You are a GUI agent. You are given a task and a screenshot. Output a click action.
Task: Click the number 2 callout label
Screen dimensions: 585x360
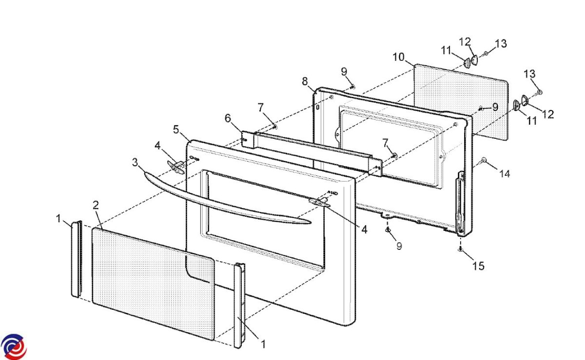96,206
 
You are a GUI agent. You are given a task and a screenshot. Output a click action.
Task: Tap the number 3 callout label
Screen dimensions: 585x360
135,162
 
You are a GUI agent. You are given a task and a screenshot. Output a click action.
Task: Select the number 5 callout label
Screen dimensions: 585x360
176,130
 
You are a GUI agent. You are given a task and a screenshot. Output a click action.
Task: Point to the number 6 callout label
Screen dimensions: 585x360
228,118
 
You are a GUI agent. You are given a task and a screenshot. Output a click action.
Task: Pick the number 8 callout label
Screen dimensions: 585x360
305,81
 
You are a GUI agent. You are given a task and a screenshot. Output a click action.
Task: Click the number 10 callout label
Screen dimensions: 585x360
399,57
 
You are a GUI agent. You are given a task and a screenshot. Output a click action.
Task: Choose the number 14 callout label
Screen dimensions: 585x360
505,173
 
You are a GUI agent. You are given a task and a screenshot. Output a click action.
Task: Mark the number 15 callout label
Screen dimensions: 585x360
478,266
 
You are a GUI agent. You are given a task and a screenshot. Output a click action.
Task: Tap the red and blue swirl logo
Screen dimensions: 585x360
14,346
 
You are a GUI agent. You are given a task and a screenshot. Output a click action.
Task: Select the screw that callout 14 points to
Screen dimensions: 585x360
483,161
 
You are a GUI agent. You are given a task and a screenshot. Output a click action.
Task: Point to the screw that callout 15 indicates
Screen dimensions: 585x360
460,249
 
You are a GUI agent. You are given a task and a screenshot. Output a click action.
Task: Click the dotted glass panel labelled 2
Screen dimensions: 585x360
154,284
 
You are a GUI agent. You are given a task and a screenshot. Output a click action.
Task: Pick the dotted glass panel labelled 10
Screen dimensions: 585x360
461,102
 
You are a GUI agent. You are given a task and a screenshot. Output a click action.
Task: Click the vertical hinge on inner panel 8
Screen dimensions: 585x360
460,202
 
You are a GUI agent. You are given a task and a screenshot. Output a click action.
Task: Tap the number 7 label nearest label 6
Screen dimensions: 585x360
261,107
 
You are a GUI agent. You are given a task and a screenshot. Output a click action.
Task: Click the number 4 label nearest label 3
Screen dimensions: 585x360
157,145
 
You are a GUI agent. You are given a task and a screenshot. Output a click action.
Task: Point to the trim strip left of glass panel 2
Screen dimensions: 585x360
77,259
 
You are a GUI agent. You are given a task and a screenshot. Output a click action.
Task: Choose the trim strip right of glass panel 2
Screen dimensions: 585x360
239,305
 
